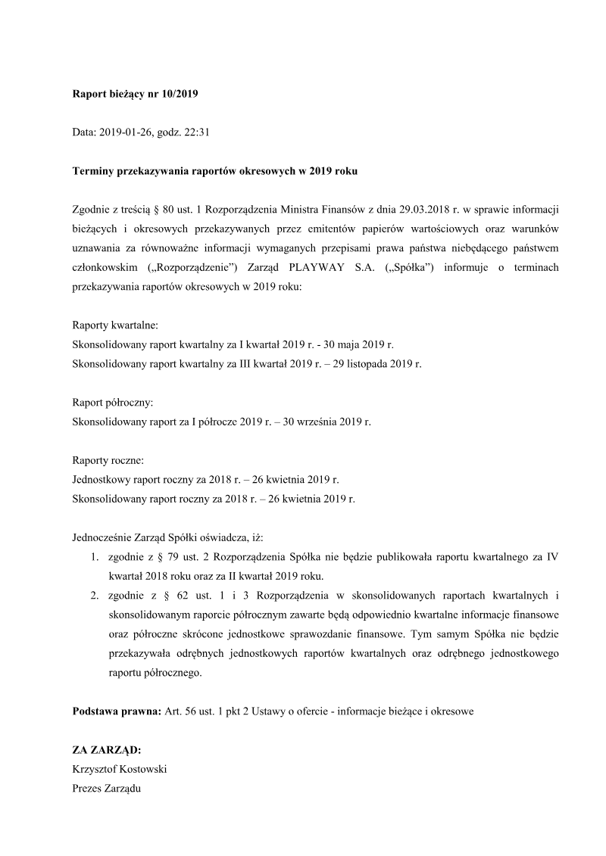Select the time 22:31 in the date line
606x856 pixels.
pyautogui.click(x=195, y=132)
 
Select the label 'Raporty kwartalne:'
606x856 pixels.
pyautogui.click(x=115, y=325)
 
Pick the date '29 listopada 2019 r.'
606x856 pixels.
pyautogui.click(x=375, y=364)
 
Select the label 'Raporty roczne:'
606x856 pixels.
pyautogui.click(x=108, y=461)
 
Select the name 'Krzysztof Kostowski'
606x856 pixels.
pyautogui.click(x=119, y=770)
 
